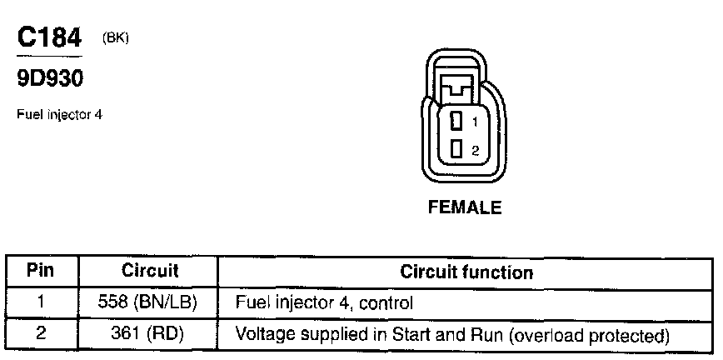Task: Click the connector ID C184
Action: pyautogui.click(x=49, y=38)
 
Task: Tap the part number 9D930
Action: pyautogui.click(x=51, y=78)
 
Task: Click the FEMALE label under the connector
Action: pyautogui.click(x=465, y=208)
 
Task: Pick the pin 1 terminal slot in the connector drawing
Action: pyautogui.click(x=456, y=122)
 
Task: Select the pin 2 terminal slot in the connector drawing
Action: pyautogui.click(x=456, y=149)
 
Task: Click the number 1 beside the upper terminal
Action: pyautogui.click(x=475, y=122)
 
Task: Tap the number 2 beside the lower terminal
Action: pyautogui.click(x=475, y=151)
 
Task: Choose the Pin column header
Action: pyautogui.click(x=40, y=271)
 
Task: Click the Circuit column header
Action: pyautogui.click(x=150, y=271)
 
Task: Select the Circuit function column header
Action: pyautogui.click(x=466, y=272)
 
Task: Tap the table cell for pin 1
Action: pyautogui.click(x=40, y=302)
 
